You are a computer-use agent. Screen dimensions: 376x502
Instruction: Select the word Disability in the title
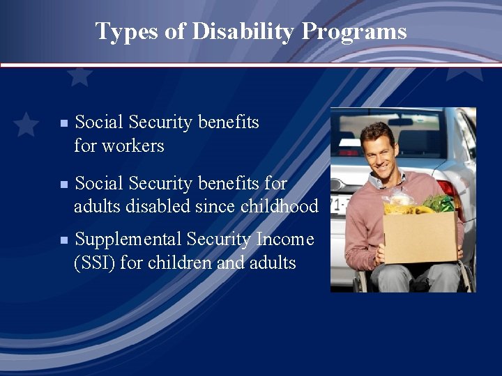pyautogui.click(x=224, y=31)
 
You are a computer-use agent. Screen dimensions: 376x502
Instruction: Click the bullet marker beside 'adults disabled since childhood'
pyautogui.click(x=63, y=185)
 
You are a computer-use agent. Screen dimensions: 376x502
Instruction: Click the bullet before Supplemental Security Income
pyautogui.click(x=63, y=240)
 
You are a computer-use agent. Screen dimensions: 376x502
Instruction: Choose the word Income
pyautogui.click(x=285, y=240)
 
